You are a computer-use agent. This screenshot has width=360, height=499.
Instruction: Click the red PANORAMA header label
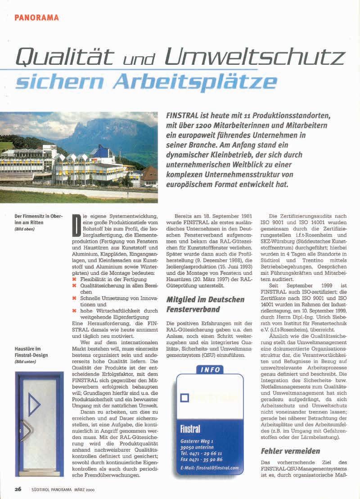tap(36, 17)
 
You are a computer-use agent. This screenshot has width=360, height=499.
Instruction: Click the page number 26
tap(18, 490)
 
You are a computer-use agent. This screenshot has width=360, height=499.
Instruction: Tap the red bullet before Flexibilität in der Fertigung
tap(74, 279)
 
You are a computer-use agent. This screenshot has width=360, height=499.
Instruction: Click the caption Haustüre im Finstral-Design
tap(31, 352)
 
